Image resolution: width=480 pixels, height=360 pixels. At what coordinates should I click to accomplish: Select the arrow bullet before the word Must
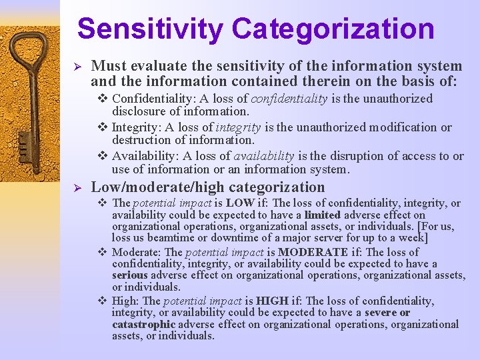(77, 67)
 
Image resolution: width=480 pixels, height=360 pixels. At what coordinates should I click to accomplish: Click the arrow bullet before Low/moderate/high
(77, 189)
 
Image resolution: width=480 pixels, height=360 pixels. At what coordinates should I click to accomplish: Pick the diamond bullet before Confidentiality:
(103, 99)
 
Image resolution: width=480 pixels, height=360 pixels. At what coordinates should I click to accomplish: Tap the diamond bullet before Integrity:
(103, 128)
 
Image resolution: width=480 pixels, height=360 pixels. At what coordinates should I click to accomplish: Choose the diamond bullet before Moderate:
(103, 253)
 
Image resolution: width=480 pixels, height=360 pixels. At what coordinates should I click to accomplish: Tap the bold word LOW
(240, 203)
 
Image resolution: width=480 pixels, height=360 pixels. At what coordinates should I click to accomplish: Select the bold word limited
(323, 215)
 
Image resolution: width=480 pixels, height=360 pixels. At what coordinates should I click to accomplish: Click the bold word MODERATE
(313, 253)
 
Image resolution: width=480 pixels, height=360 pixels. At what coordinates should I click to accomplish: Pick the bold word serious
(129, 276)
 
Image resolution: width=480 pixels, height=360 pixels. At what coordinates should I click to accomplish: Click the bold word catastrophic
(143, 325)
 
